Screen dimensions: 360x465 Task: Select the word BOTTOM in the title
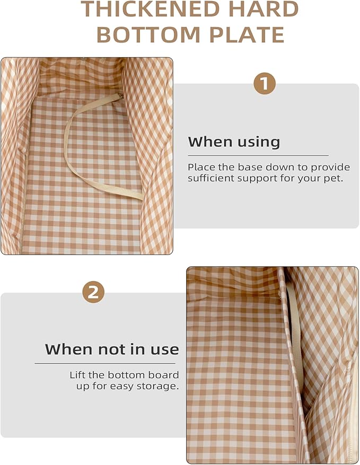tap(148, 34)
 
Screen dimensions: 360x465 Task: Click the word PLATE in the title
tap(247, 34)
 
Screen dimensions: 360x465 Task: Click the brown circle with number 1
tap(265, 83)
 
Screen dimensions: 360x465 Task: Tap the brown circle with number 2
tap(93, 292)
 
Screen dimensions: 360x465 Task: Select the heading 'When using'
tap(234, 142)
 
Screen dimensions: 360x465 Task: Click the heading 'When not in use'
tap(112, 349)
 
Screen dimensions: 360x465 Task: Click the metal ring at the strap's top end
tap(120, 96)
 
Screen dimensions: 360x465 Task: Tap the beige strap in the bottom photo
tap(294, 332)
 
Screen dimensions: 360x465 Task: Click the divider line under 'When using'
tap(258, 155)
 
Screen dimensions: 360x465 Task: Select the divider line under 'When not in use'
tap(105, 363)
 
